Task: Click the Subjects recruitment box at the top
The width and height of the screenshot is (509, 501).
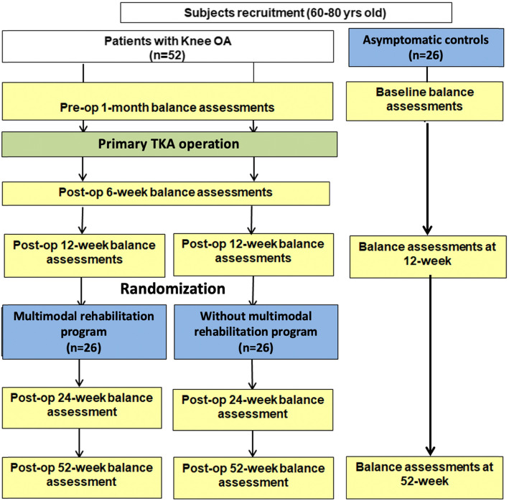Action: click(286, 13)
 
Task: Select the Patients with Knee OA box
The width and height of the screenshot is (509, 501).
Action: click(168, 47)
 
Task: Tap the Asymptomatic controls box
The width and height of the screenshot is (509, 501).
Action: click(426, 47)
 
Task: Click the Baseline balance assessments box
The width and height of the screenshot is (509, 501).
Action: click(424, 101)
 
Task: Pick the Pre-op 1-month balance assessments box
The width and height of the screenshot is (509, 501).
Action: click(167, 101)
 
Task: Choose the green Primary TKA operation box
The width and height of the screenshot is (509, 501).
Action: click(169, 144)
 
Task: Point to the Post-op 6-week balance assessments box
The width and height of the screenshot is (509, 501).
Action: click(166, 193)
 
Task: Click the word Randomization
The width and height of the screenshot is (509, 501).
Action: click(173, 289)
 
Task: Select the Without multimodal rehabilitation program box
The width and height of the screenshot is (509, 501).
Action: click(256, 332)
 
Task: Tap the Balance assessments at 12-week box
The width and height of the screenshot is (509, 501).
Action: click(428, 257)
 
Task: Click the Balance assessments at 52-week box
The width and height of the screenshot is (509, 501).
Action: click(424, 477)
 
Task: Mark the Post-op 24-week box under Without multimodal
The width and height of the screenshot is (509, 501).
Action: click(253, 410)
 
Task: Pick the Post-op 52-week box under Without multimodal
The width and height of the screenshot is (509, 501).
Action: click(253, 478)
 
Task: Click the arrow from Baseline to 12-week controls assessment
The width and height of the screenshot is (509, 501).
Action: click(427, 179)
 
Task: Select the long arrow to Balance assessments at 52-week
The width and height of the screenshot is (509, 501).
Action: click(430, 365)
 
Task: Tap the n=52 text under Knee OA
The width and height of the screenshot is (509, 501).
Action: click(167, 55)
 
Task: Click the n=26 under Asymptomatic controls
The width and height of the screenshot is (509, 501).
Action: click(426, 55)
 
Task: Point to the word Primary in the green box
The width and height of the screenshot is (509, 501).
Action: click(123, 144)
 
